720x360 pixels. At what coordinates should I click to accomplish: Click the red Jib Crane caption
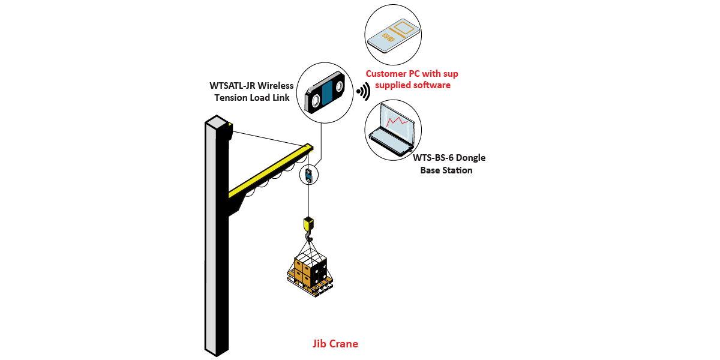pos(335,344)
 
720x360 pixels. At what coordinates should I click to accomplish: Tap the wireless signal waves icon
pos(362,92)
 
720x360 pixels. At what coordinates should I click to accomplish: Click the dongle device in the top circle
pos(392,34)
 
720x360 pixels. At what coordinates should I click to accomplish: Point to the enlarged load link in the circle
pos(325,92)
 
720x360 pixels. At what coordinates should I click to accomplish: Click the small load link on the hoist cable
pos(308,175)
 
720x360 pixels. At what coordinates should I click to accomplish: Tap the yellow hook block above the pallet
pos(308,224)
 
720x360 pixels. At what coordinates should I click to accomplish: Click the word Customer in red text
pos(388,74)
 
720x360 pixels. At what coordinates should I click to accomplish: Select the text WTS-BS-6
pos(432,158)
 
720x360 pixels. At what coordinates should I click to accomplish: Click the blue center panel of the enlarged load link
pos(326,93)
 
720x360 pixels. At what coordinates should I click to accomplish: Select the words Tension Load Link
pos(252,97)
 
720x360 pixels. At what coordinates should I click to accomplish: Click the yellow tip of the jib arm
pos(308,145)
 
